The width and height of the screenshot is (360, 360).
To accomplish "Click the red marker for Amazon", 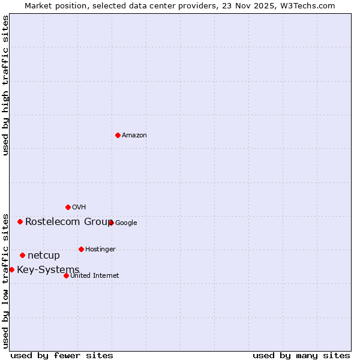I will click(118, 135).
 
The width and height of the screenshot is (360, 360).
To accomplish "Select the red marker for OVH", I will click(68, 207).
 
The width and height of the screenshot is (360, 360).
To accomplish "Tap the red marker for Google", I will click(111, 223).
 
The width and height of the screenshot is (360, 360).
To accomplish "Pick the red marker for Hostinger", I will click(81, 249).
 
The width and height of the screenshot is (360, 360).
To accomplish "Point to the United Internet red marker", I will click(66, 275).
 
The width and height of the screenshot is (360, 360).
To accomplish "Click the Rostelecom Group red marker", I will click(20, 221).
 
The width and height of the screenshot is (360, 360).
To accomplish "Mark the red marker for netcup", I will click(22, 255).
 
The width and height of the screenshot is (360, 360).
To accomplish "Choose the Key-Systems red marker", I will click(11, 269).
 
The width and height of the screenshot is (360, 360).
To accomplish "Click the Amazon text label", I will click(134, 136).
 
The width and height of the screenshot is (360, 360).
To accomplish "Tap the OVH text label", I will click(79, 208).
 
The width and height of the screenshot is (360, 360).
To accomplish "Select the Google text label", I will click(126, 223).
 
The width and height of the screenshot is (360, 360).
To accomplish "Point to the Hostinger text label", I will click(100, 250).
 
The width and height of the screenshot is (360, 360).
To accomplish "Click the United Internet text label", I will click(95, 276).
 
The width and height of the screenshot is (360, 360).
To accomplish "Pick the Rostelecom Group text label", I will click(68, 222).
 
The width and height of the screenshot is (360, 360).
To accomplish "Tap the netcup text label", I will click(44, 256).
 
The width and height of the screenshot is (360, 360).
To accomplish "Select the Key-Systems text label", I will click(48, 270).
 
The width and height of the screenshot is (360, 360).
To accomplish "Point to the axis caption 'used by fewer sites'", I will click(62, 355).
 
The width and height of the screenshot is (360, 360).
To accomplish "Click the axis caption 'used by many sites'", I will click(301, 355).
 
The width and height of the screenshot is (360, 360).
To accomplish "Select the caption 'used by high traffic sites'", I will click(6, 85).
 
